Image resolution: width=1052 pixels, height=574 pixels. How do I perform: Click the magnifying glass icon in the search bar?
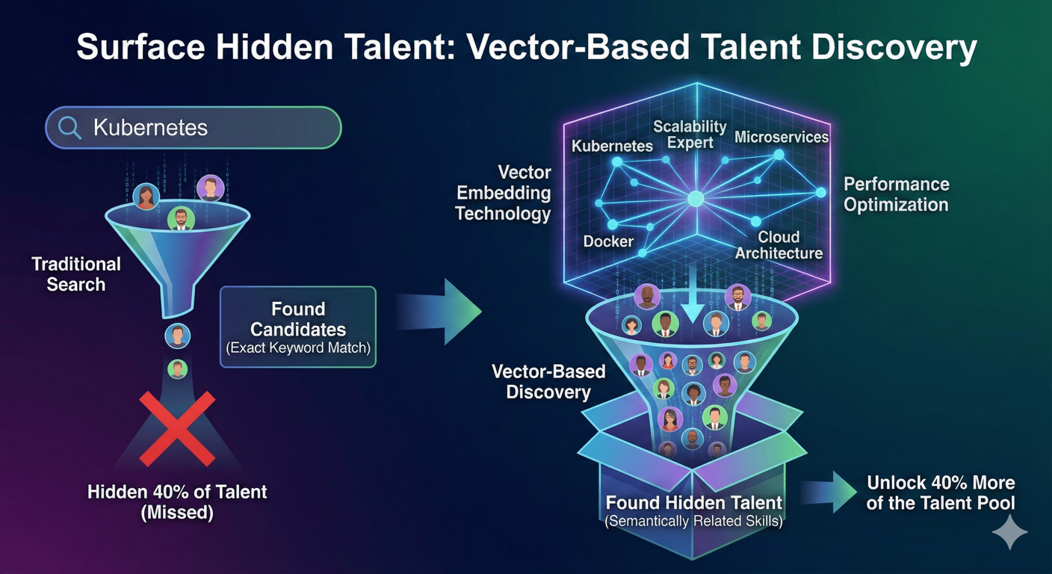click(69, 128)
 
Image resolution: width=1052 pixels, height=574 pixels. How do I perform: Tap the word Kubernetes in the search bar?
click(149, 128)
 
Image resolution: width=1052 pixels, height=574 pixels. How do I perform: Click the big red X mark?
click(177, 428)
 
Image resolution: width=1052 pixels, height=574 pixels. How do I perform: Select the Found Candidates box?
click(298, 327)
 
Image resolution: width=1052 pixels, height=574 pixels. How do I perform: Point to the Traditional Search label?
click(75, 274)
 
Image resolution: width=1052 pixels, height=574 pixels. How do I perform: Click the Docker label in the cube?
click(608, 241)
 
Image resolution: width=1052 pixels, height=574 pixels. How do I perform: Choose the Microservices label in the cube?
click(781, 137)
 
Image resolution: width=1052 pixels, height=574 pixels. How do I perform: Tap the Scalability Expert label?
click(690, 135)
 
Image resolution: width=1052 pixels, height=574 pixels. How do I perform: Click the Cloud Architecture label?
click(779, 245)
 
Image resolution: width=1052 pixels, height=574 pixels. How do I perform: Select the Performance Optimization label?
click(896, 194)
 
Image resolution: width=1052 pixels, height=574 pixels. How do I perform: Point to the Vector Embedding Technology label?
click(503, 194)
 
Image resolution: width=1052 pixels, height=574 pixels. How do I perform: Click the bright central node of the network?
click(696, 198)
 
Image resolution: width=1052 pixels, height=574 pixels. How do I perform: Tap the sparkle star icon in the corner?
click(1009, 532)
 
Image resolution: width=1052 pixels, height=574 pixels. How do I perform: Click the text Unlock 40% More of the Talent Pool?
click(940, 493)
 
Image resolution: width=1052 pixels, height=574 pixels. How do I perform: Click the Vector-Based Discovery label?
click(548, 381)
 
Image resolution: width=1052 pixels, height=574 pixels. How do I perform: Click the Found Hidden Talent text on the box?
click(693, 502)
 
